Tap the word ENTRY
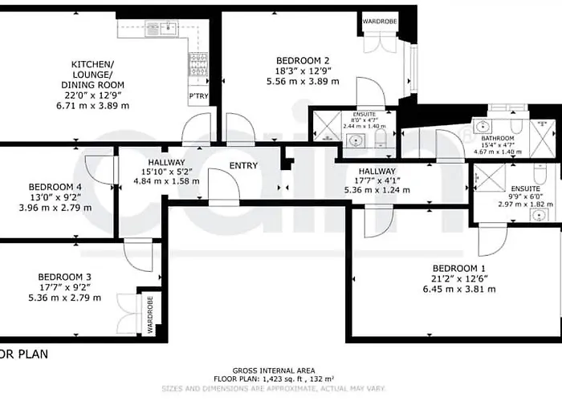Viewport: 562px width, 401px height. (x=243, y=166)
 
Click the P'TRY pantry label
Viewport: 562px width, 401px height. (x=198, y=97)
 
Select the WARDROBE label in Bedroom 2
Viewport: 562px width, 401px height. (x=377, y=22)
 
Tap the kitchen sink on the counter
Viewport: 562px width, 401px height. (x=168, y=29)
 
